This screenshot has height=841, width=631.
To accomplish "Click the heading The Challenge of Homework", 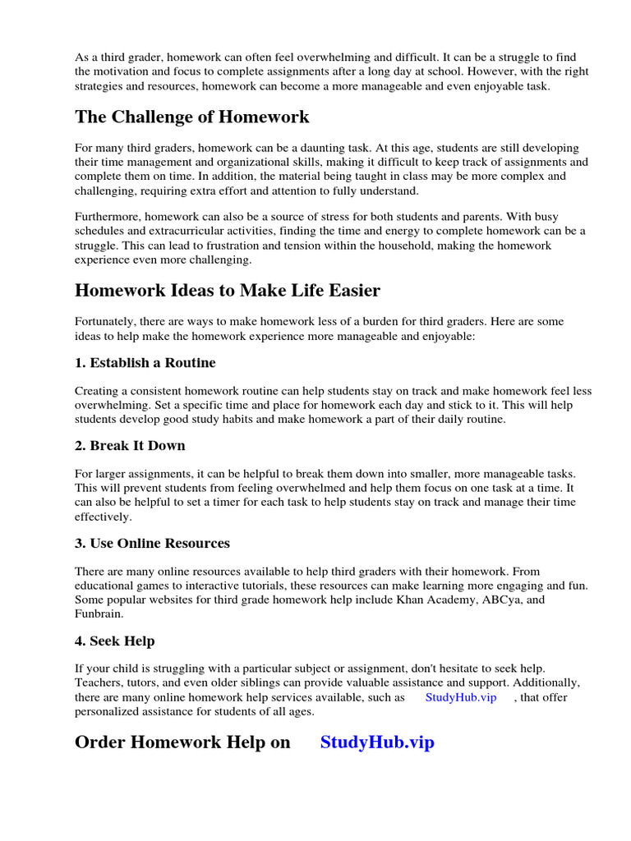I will [192, 117].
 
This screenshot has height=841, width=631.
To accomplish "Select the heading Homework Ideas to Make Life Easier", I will [228, 291].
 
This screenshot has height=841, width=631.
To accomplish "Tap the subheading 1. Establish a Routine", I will [145, 362].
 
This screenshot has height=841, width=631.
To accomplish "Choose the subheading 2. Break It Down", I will [130, 445].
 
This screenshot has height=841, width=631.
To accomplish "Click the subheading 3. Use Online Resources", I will [152, 543].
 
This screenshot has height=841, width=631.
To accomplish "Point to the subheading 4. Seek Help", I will [114, 641].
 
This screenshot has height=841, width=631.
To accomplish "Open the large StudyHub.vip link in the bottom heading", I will [377, 742].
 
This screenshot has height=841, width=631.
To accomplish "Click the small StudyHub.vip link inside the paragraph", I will [461, 697].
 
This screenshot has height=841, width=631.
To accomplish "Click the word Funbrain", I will [99, 614].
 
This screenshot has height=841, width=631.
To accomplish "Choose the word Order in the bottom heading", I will [103, 742].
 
